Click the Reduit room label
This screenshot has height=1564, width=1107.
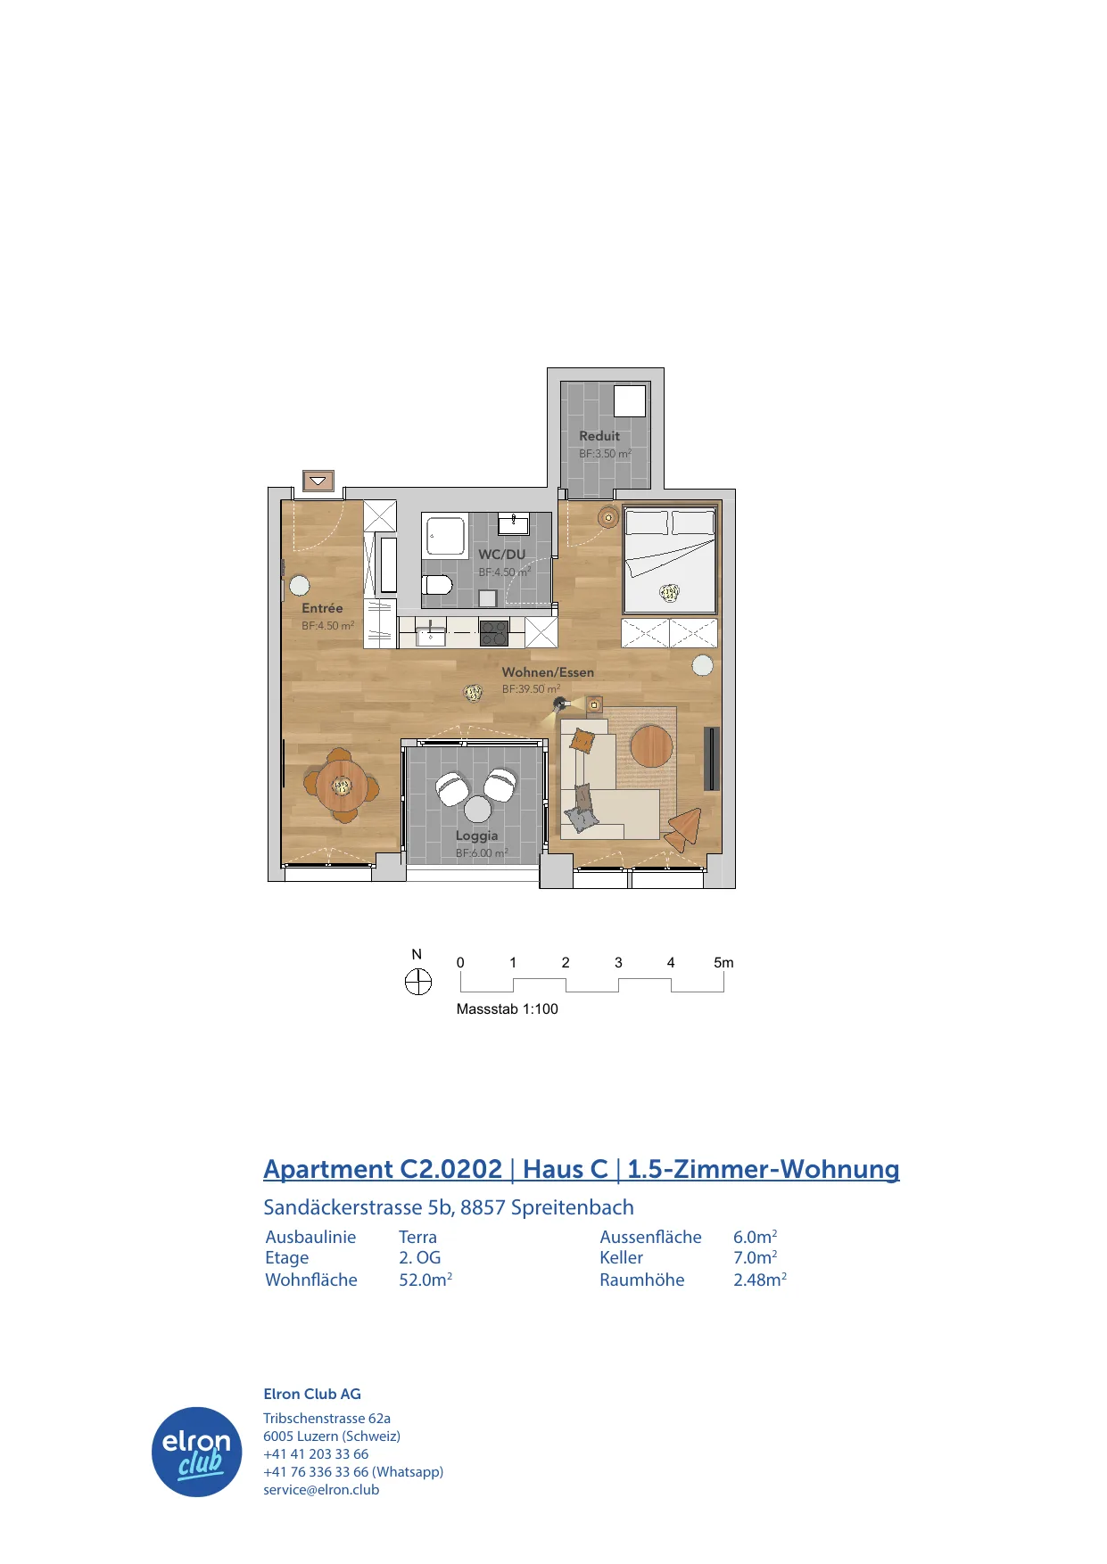599,436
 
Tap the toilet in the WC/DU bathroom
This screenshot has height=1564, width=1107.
437,585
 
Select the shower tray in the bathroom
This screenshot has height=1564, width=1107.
444,537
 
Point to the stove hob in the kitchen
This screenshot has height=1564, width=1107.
494,633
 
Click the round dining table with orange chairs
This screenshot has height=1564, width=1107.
341,786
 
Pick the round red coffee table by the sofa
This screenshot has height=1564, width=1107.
652,745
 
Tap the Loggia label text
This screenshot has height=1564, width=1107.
476,836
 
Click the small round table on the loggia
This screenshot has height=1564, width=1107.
478,809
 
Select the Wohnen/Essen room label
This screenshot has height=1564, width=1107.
548,672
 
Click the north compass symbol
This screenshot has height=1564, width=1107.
417,983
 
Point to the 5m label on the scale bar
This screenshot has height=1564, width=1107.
723,963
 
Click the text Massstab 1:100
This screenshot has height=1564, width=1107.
508,1009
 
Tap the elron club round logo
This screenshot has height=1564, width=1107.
197,1452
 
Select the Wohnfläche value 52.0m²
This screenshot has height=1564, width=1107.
425,1280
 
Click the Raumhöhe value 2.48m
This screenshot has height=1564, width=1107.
760,1280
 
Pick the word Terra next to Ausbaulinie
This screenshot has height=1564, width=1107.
417,1237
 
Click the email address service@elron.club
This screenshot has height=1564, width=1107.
321,1489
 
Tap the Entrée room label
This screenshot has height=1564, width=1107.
322,608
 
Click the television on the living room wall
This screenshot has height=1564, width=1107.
711,759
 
